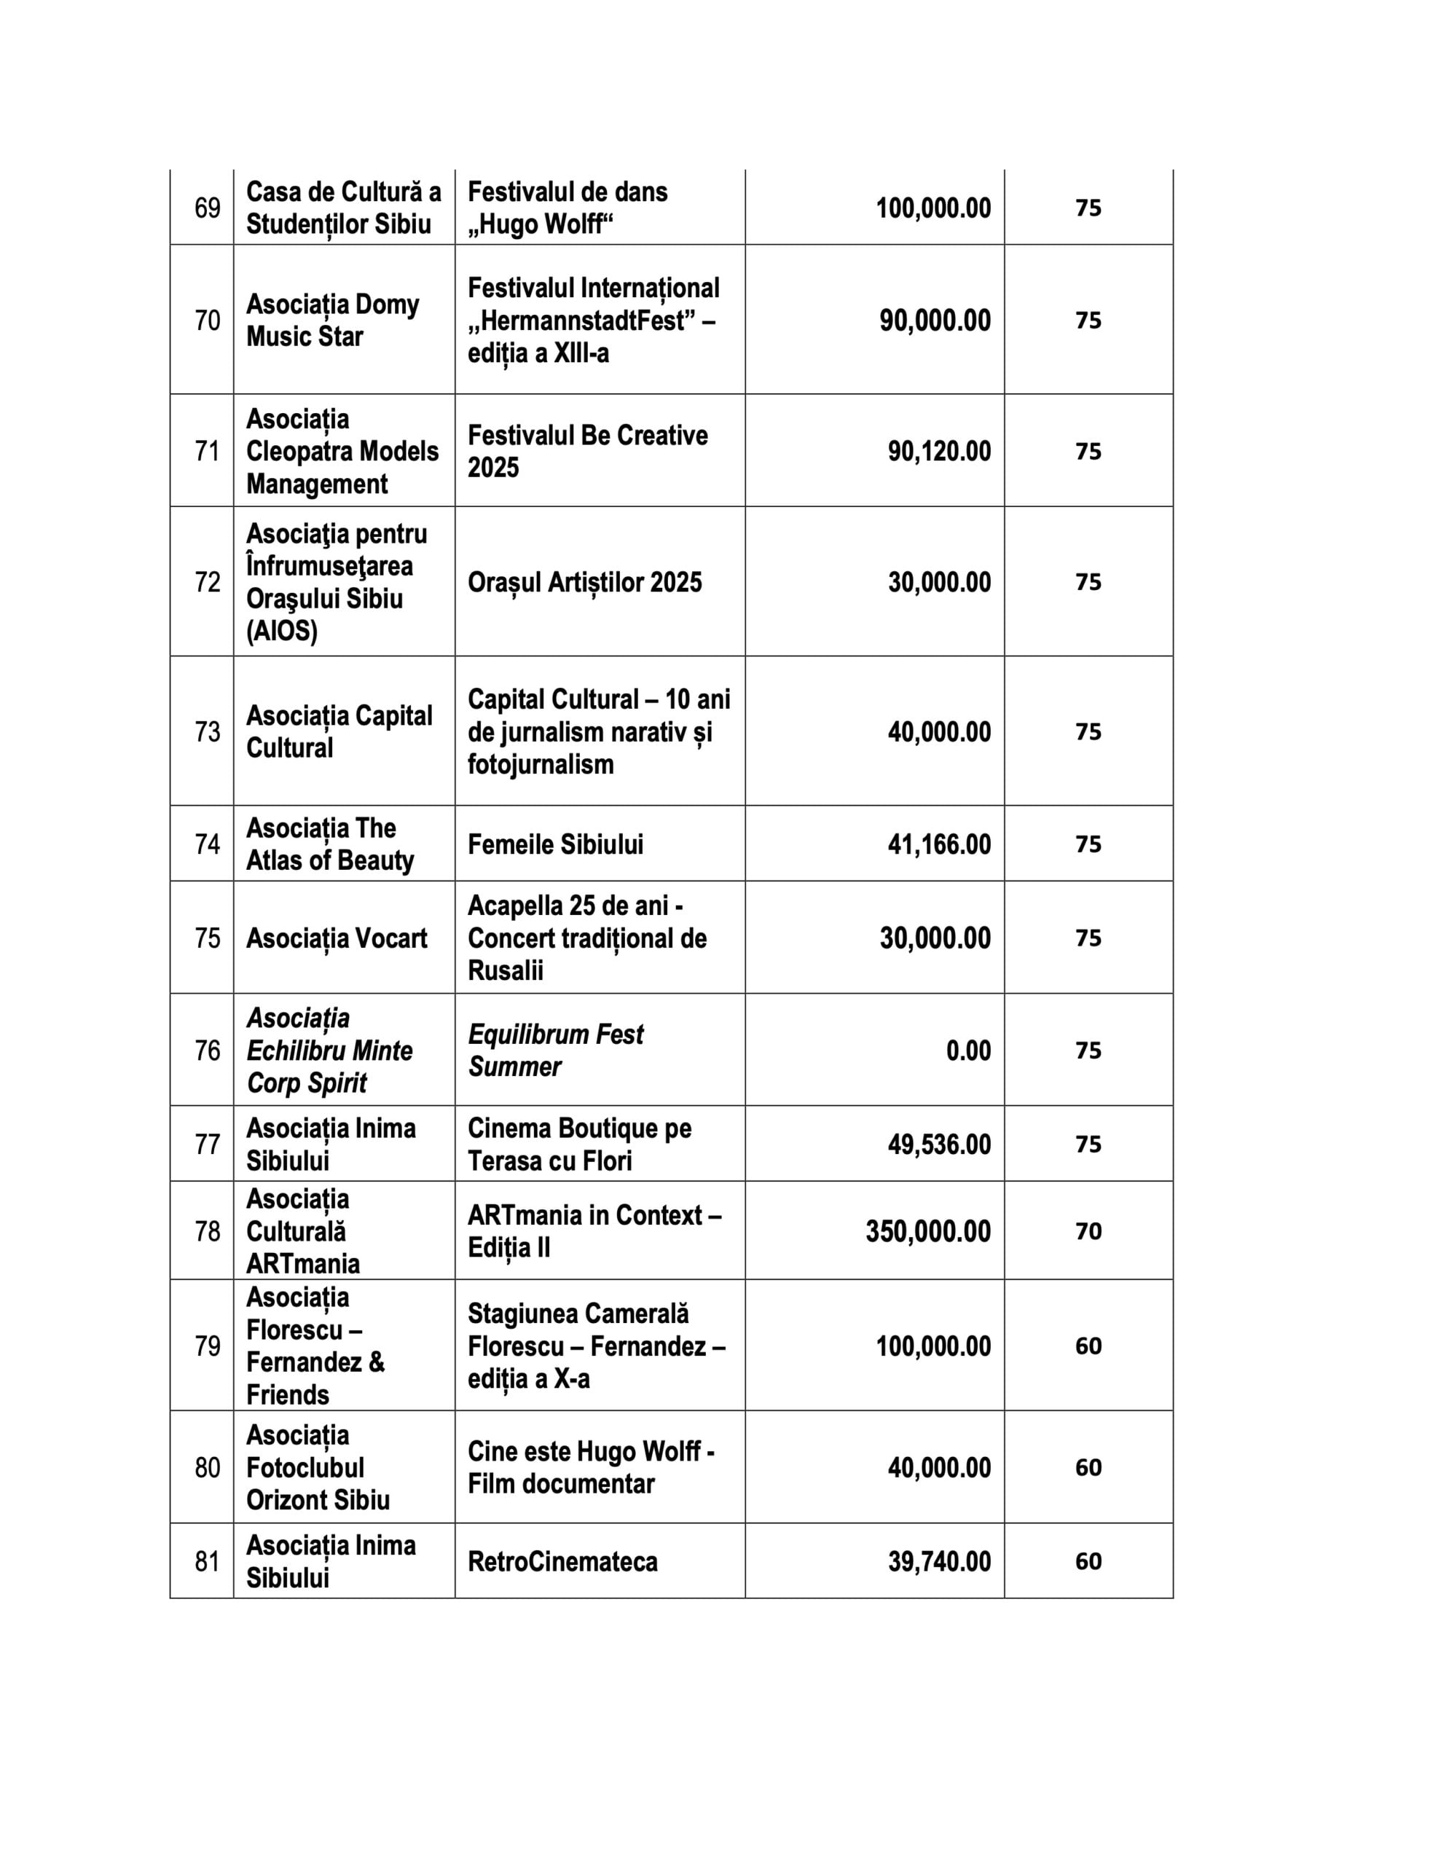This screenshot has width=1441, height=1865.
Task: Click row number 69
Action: tap(208, 208)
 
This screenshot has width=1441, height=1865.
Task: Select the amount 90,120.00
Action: tap(939, 451)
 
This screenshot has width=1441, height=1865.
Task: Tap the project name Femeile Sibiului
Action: tap(555, 844)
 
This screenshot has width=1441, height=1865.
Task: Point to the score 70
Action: tap(1088, 1230)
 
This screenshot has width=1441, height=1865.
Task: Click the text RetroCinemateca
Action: tap(562, 1561)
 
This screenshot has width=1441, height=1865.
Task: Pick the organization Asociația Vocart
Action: tap(337, 938)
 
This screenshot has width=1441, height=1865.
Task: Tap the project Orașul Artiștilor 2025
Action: tap(584, 581)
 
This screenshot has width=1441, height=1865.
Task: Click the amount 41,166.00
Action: tap(939, 844)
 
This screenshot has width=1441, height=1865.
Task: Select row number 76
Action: tap(208, 1050)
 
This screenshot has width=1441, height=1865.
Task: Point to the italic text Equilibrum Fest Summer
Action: tap(555, 1050)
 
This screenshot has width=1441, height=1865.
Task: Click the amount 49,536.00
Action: tap(939, 1144)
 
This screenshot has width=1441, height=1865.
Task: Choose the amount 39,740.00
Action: tap(939, 1561)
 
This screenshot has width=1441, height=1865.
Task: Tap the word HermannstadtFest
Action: tap(581, 321)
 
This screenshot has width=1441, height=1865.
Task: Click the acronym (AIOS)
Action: tap(282, 631)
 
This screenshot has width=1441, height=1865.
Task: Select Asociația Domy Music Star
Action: tap(332, 321)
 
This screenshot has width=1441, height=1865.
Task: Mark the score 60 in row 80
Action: tap(1088, 1467)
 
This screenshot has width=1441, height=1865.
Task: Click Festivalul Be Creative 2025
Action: tap(587, 451)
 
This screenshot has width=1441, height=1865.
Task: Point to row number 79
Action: tap(208, 1346)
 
